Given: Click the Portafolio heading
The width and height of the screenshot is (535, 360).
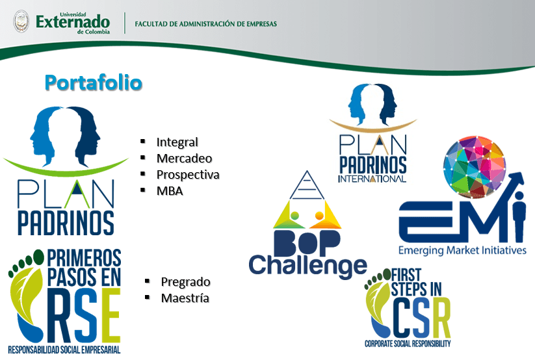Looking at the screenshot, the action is click(x=94, y=83).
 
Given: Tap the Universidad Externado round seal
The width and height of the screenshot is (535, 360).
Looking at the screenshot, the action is click(x=21, y=21).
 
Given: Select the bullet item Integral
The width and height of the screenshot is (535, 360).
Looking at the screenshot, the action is click(x=177, y=142).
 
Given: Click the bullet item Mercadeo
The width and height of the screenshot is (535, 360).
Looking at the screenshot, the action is click(x=184, y=159).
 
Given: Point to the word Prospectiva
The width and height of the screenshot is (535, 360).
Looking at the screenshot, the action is click(x=188, y=175).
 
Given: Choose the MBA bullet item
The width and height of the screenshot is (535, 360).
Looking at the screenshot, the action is click(x=170, y=191).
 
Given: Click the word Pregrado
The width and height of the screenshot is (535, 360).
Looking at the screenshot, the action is click(x=186, y=282).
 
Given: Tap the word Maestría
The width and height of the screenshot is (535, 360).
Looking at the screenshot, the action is click(x=185, y=298).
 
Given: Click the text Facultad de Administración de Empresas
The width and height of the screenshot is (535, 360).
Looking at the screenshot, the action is click(x=205, y=24).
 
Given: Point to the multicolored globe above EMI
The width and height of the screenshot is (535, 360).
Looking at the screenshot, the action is click(x=475, y=167).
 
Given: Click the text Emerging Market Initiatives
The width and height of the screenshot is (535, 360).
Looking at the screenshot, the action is click(x=462, y=250).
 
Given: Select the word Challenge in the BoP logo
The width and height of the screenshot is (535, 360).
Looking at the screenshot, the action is click(x=307, y=266).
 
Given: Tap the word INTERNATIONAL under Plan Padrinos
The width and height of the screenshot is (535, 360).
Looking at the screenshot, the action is click(x=372, y=179).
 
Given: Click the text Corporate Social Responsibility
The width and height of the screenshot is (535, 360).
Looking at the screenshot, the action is click(x=408, y=343).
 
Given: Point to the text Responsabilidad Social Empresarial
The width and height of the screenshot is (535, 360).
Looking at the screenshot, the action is click(x=64, y=350).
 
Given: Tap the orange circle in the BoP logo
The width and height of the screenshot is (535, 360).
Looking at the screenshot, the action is click(x=320, y=216).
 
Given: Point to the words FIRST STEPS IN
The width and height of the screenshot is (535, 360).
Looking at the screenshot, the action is click(x=416, y=283).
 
